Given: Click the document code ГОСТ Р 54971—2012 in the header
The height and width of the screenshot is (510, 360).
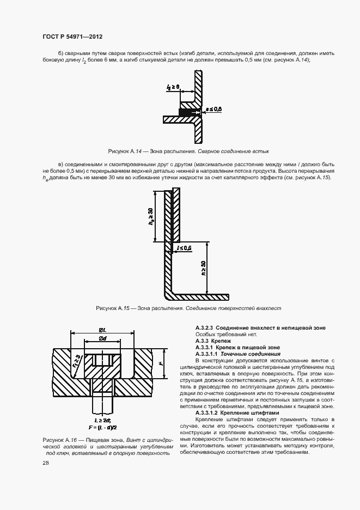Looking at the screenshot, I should [x=72, y=37].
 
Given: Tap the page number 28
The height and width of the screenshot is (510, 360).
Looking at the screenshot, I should [x=45, y=463].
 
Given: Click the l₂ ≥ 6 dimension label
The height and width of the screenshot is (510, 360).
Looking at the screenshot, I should [x=174, y=86].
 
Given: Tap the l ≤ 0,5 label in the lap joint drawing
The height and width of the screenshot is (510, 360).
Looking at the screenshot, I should [x=184, y=248].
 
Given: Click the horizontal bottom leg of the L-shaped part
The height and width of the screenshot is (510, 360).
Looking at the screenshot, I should [x=202, y=297].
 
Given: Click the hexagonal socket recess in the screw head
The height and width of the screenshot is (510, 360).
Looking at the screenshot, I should [x=102, y=360].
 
